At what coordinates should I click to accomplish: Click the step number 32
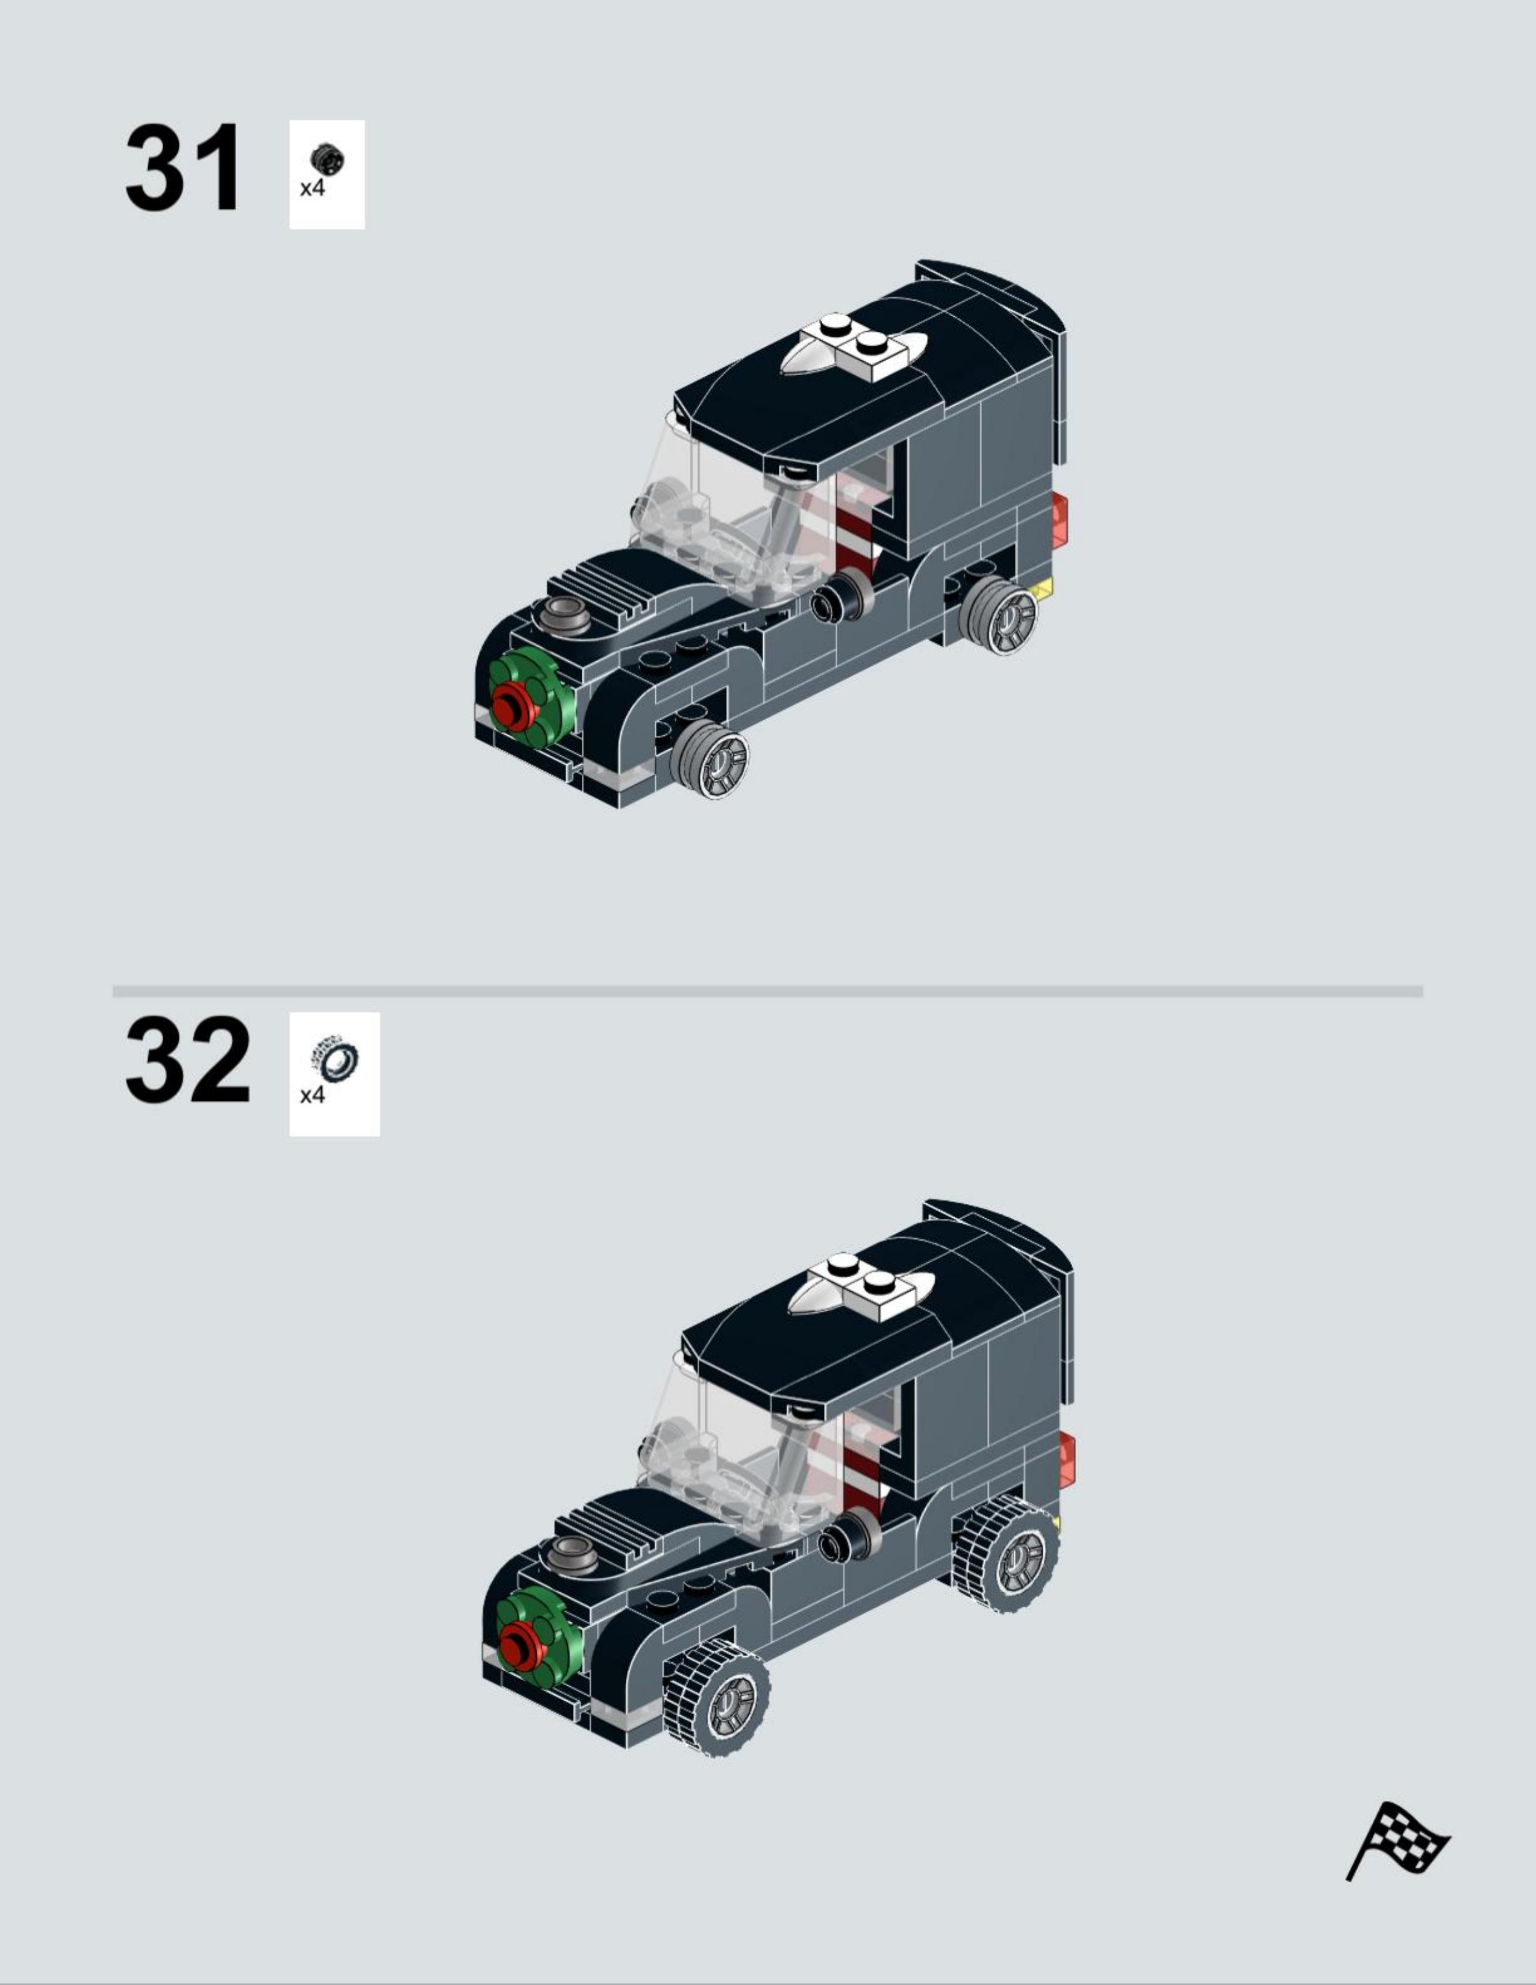[187, 1060]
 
